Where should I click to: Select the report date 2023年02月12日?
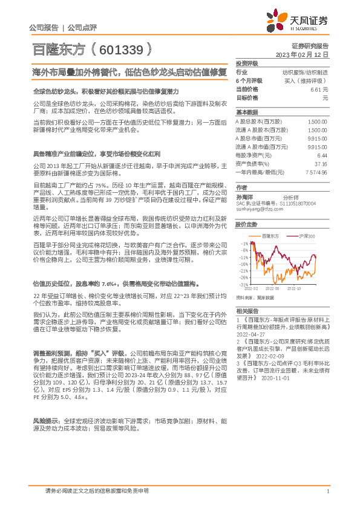pyautogui.click(x=301, y=54)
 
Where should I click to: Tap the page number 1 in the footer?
pyautogui.click(x=327, y=491)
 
